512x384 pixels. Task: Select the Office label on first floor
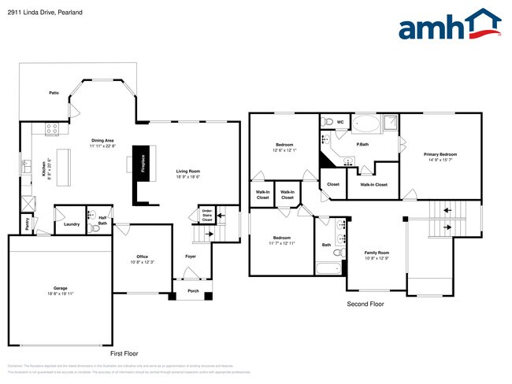tap(143, 257)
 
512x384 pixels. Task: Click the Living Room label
tap(187, 171)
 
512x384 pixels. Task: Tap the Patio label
tap(54, 93)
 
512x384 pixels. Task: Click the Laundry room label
tap(71, 224)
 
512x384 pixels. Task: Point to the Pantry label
tap(27, 224)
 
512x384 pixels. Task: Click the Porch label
tap(192, 290)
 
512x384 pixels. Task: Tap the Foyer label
tap(191, 257)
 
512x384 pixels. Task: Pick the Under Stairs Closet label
tap(206, 215)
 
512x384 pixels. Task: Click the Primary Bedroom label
tap(440, 154)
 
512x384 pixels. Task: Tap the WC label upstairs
tap(340, 123)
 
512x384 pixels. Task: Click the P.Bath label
tap(363, 144)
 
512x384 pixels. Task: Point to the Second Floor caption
tap(365, 303)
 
